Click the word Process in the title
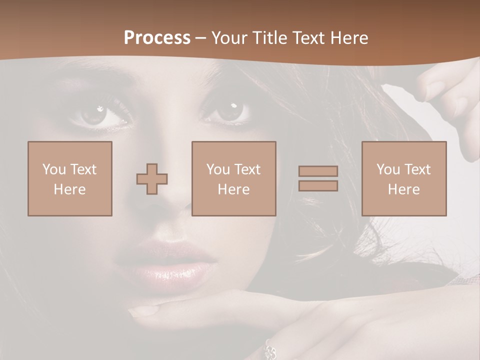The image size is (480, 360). pyautogui.click(x=157, y=38)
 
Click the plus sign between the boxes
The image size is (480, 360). pyautogui.click(x=152, y=179)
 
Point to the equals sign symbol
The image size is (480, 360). pyautogui.click(x=318, y=178)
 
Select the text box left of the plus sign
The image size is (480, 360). pyautogui.click(x=70, y=179)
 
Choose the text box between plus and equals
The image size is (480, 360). pyautogui.click(x=234, y=179)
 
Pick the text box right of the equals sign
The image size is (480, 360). pyautogui.click(x=404, y=179)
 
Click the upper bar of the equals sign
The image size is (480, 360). pyautogui.click(x=318, y=171)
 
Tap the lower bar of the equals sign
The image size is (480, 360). pyautogui.click(x=318, y=186)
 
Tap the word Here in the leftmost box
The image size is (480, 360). pyautogui.click(x=70, y=189)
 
